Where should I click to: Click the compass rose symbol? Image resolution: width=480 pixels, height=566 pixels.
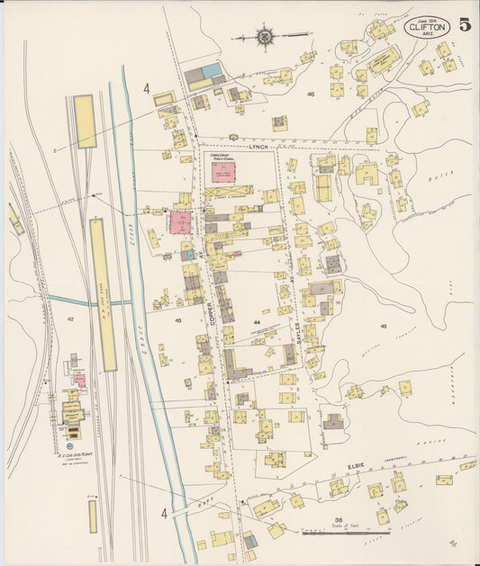266,37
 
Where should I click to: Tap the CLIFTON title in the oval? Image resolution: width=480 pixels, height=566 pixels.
426,28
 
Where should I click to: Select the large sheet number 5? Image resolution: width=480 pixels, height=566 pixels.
464,24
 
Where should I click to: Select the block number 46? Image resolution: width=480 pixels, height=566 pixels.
311,94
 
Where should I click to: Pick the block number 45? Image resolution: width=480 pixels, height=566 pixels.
383,326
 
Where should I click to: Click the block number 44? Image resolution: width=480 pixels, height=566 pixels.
258,322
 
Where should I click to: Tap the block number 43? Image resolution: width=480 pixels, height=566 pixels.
178,319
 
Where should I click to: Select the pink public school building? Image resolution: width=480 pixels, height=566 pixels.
222,172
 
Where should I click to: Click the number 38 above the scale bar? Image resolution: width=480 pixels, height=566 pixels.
338,520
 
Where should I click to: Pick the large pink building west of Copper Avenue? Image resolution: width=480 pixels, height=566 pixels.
179,221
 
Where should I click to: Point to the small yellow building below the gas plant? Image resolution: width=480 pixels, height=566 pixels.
92,516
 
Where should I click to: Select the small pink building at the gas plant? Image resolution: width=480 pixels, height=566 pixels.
79,380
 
